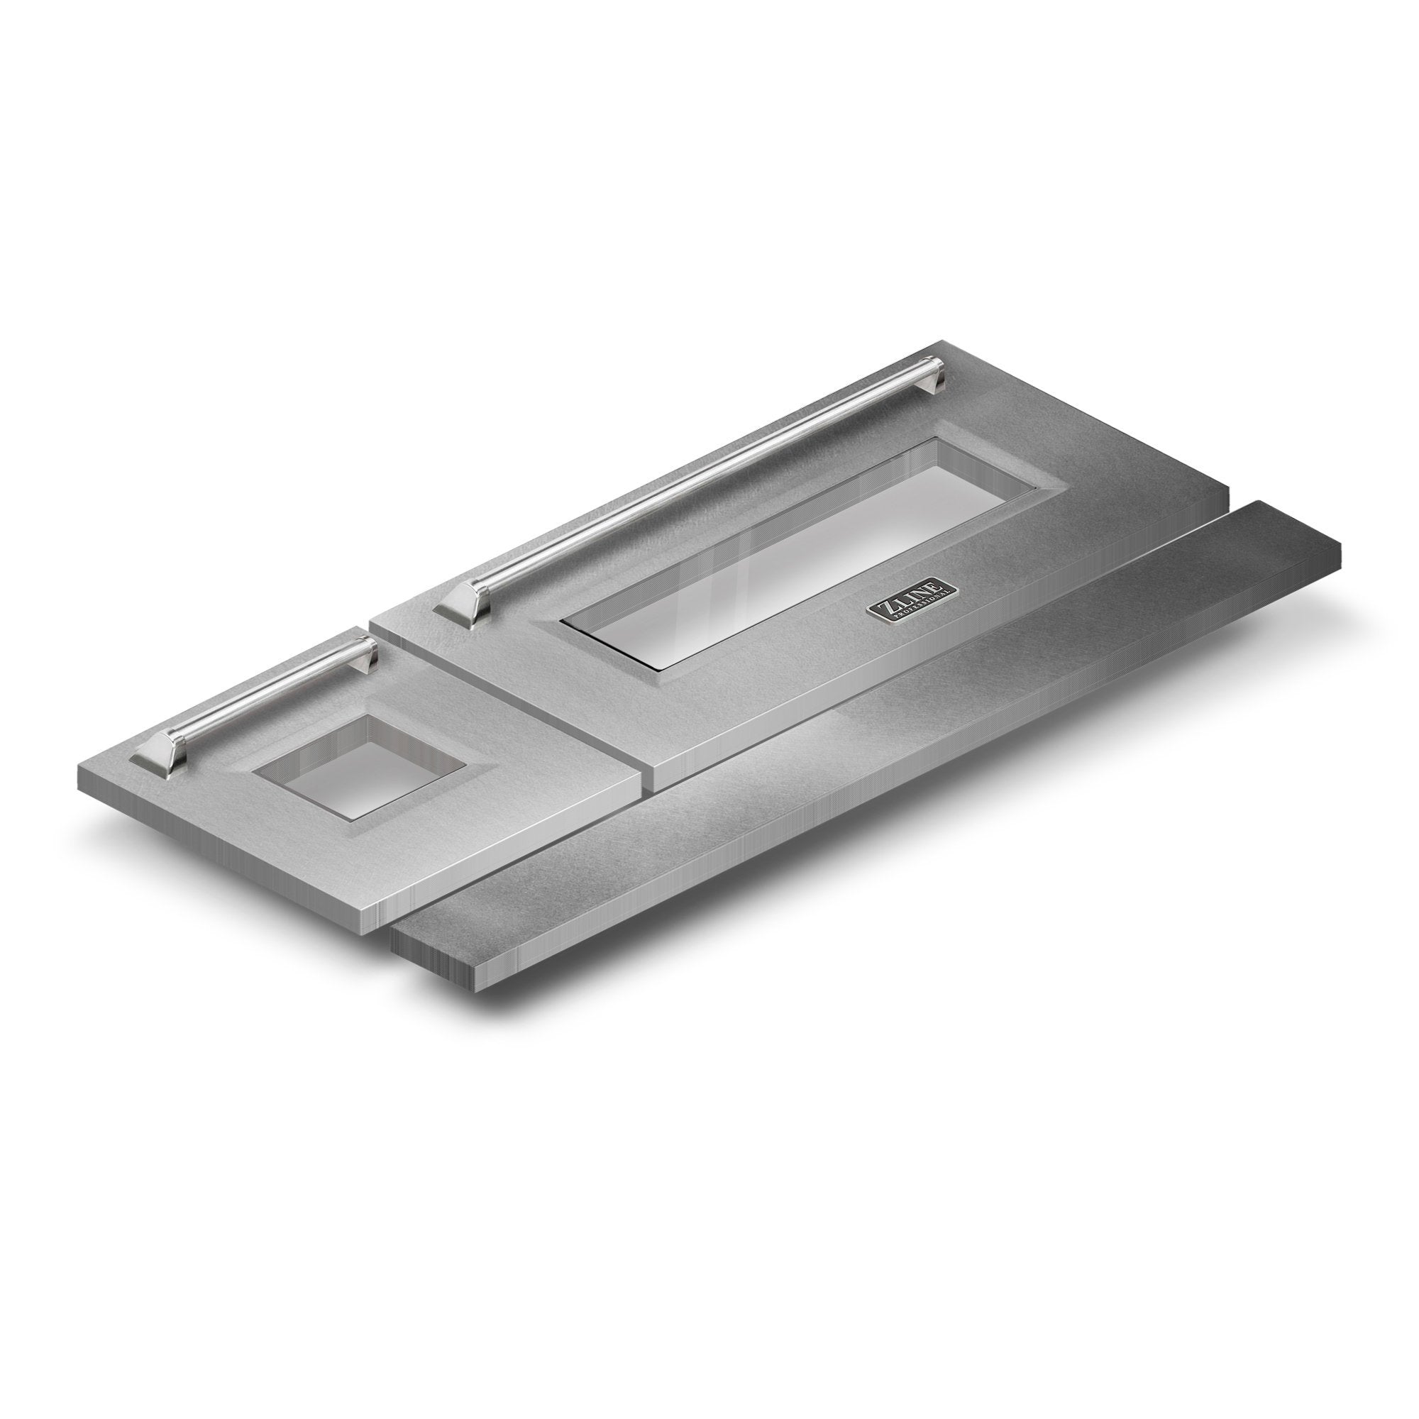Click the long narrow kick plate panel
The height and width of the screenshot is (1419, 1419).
[x=867, y=742]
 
